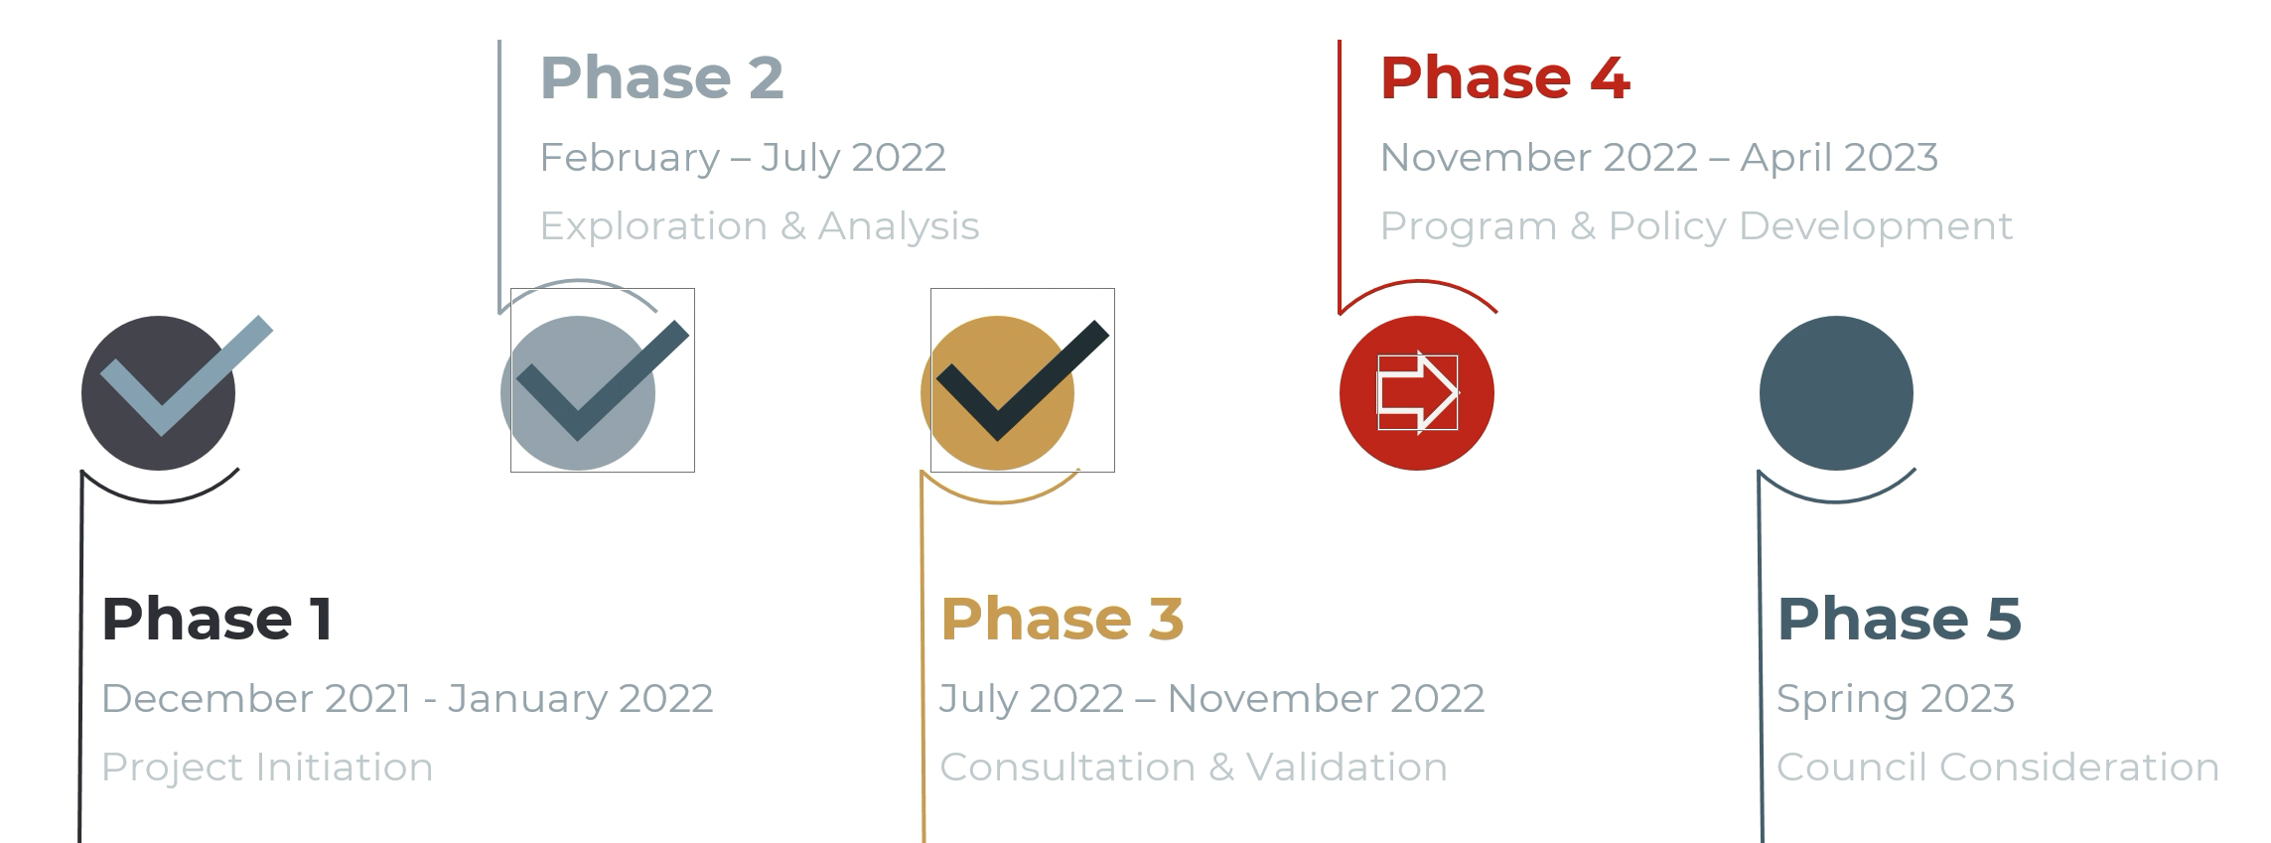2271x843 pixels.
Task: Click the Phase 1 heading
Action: (216, 619)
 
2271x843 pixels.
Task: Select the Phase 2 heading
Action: (661, 77)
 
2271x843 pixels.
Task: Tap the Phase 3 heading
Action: (1062, 619)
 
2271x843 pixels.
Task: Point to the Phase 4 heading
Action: (1504, 77)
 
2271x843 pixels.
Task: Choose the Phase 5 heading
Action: (1899, 619)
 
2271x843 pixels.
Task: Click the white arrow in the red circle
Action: (1418, 393)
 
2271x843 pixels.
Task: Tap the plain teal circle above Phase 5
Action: (1836, 393)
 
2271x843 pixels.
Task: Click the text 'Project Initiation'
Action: (267, 768)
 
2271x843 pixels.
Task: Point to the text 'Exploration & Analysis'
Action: (760, 226)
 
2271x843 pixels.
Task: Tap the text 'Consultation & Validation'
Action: (1194, 768)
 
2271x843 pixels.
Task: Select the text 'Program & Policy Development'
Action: (1696, 226)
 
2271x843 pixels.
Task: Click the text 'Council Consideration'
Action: (1998, 768)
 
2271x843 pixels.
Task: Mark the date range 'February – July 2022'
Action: (743, 158)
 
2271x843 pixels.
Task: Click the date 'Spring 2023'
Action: (1896, 699)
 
